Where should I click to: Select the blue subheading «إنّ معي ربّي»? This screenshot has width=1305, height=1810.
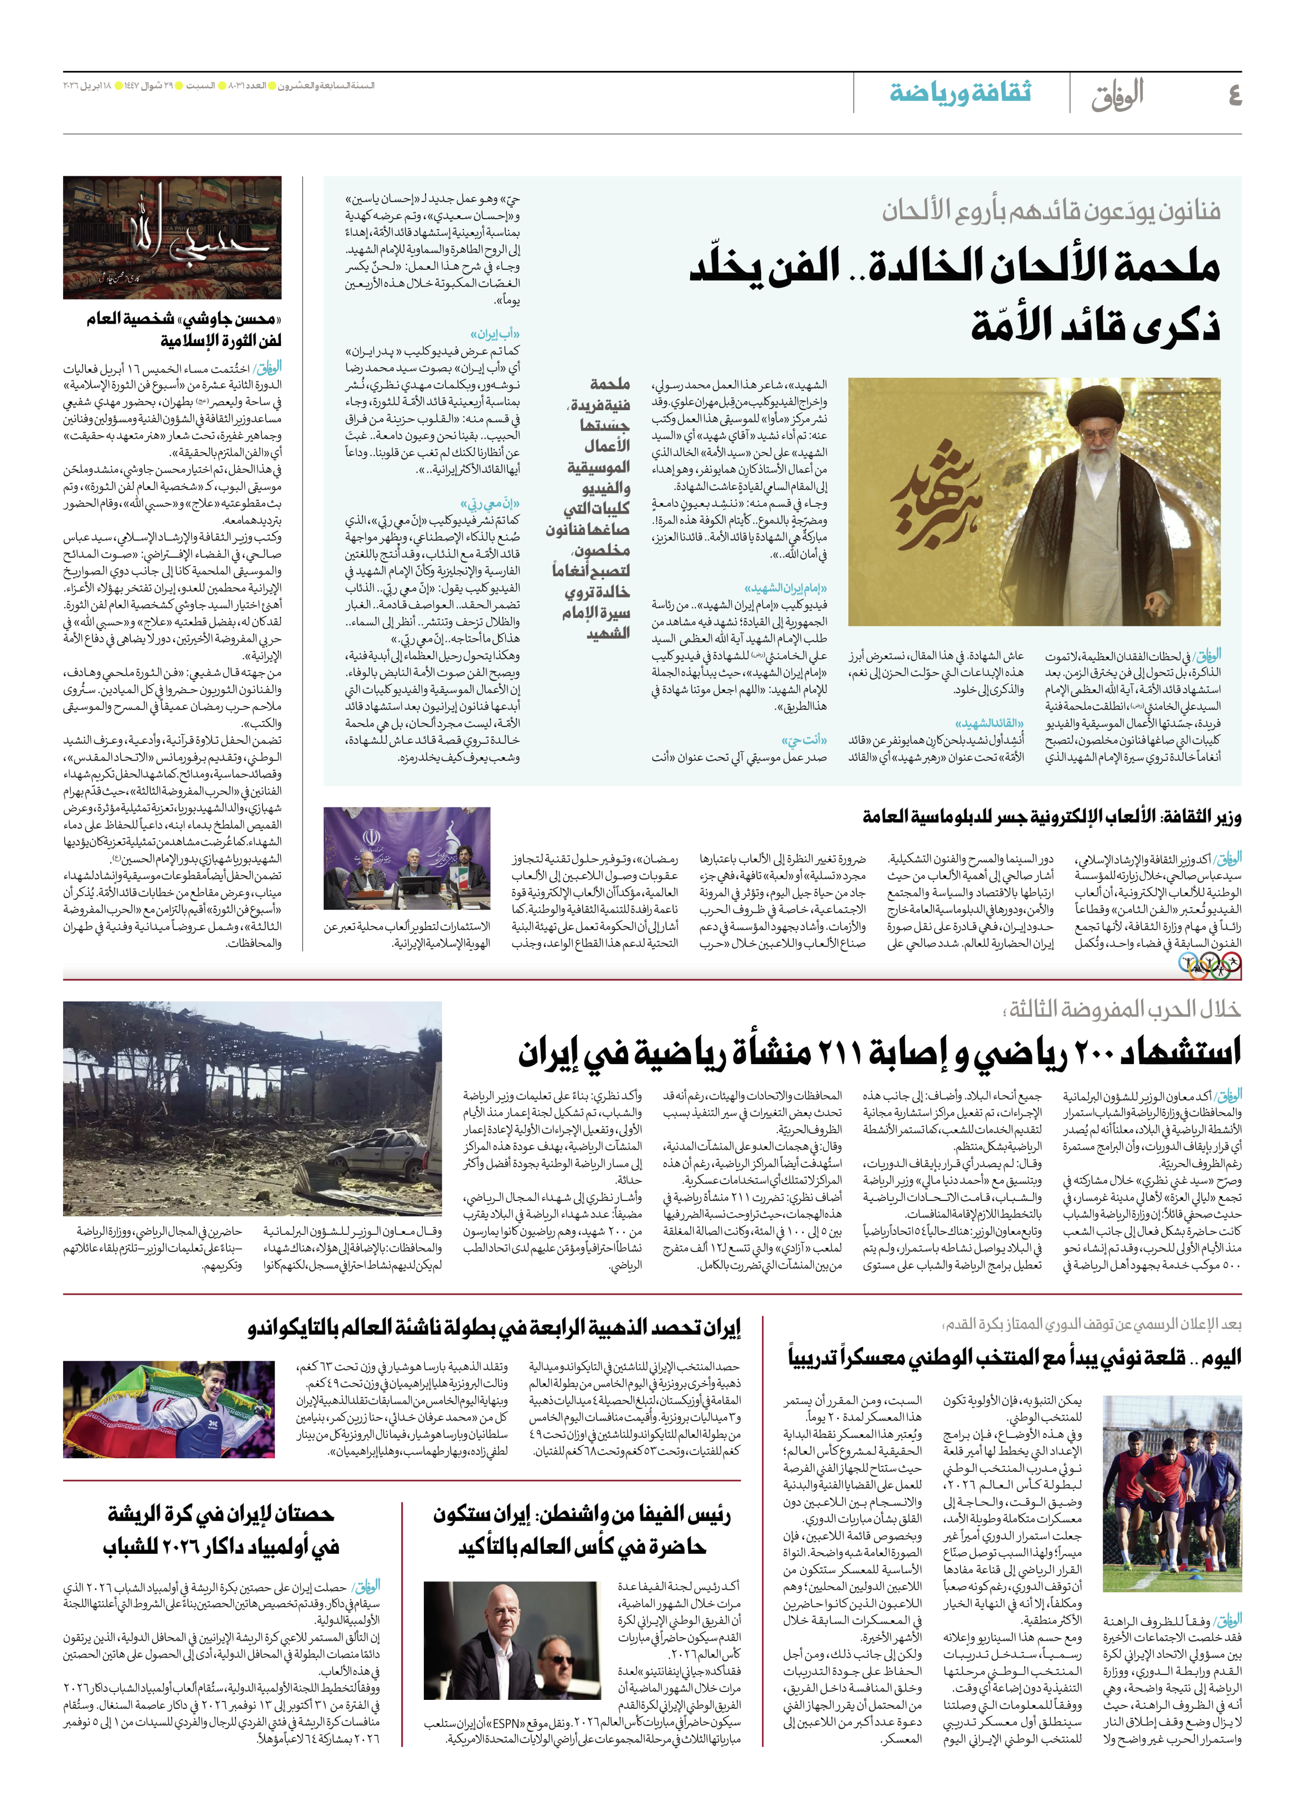coord(490,504)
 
